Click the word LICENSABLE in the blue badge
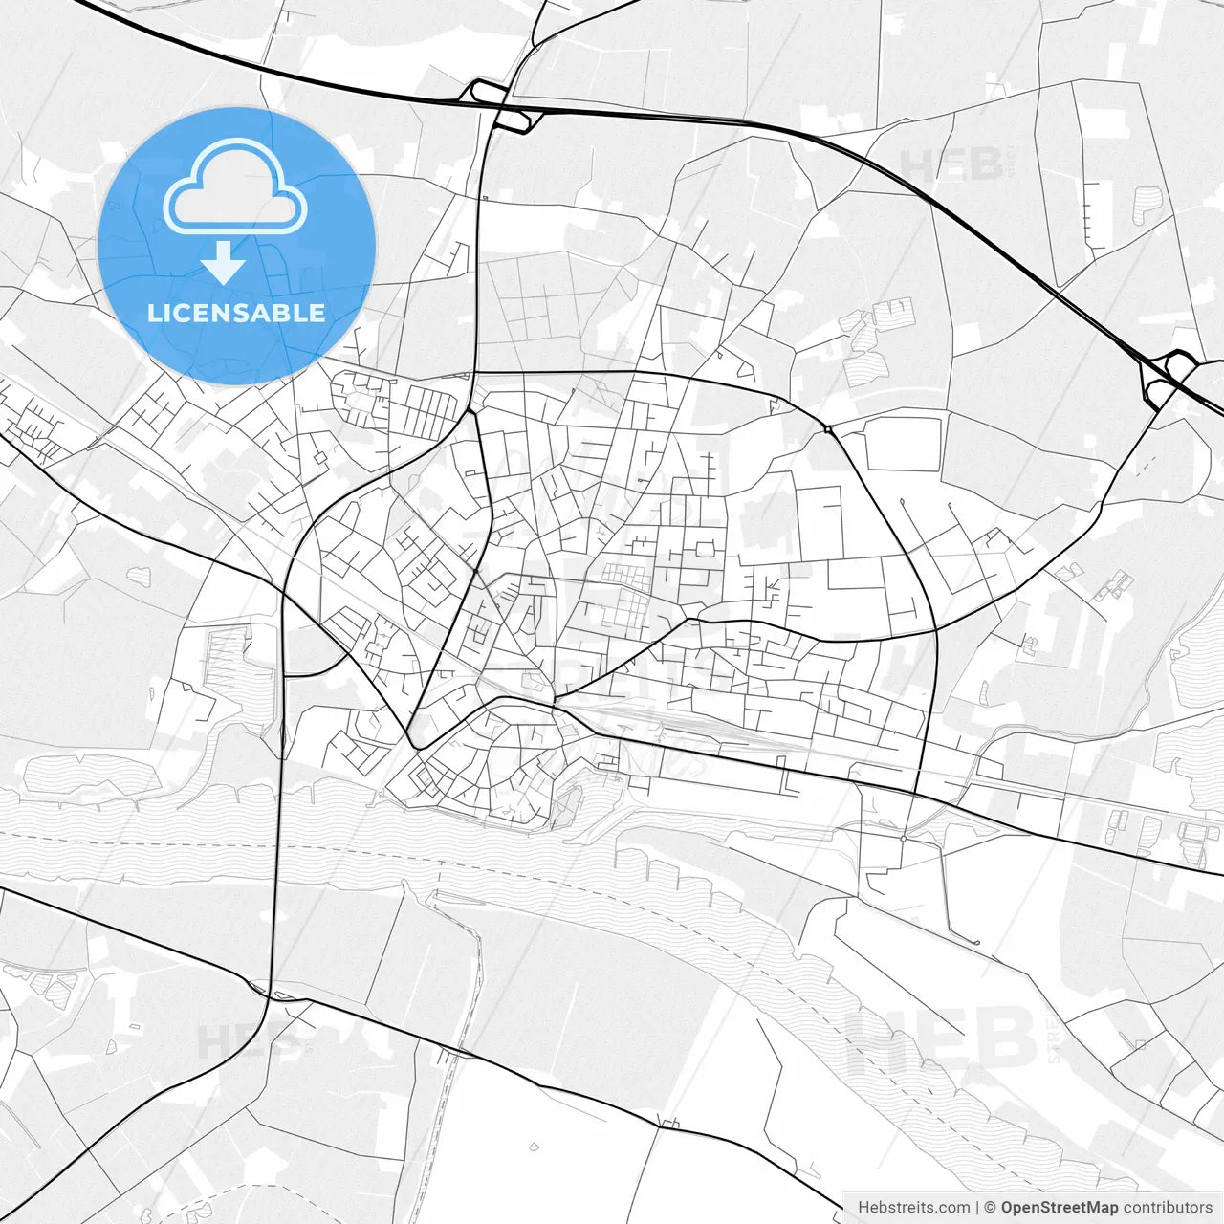click(x=236, y=313)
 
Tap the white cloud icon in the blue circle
click(x=235, y=186)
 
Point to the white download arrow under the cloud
click(x=224, y=262)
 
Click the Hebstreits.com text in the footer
click(x=913, y=1208)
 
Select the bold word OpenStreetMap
click(x=1060, y=1208)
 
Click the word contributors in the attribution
click(x=1168, y=1208)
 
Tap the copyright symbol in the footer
click(x=991, y=1208)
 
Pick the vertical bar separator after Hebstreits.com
click(x=977, y=1208)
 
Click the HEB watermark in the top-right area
click(x=951, y=164)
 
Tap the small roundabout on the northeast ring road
click(x=828, y=429)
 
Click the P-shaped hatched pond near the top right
click(x=1147, y=204)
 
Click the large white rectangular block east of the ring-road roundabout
click(x=902, y=444)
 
